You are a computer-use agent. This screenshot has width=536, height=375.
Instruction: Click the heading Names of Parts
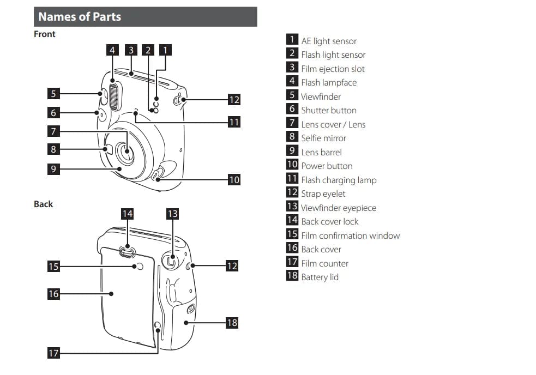80,17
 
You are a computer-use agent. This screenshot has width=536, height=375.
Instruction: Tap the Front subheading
45,34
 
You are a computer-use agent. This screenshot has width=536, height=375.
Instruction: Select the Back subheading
44,204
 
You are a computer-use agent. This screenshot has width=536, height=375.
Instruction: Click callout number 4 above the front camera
112,50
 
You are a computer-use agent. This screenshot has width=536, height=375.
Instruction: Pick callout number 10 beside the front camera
233,179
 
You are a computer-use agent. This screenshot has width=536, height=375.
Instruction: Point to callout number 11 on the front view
233,122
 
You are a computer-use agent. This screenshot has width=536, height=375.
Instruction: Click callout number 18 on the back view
232,323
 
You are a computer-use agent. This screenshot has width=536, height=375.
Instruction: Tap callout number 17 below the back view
53,353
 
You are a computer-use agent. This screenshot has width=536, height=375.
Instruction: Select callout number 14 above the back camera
127,214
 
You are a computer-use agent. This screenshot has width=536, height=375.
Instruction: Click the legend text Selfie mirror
323,138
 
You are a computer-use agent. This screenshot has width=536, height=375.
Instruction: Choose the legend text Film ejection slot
333,69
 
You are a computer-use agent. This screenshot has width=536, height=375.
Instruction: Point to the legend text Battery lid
320,277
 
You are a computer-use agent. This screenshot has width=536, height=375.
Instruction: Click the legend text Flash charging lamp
339,180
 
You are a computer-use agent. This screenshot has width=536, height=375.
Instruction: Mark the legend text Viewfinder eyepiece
338,208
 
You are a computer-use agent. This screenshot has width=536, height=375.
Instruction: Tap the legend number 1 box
292,40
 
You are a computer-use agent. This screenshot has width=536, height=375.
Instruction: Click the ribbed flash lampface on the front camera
114,95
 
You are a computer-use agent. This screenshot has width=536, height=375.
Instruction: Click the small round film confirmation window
138,266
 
